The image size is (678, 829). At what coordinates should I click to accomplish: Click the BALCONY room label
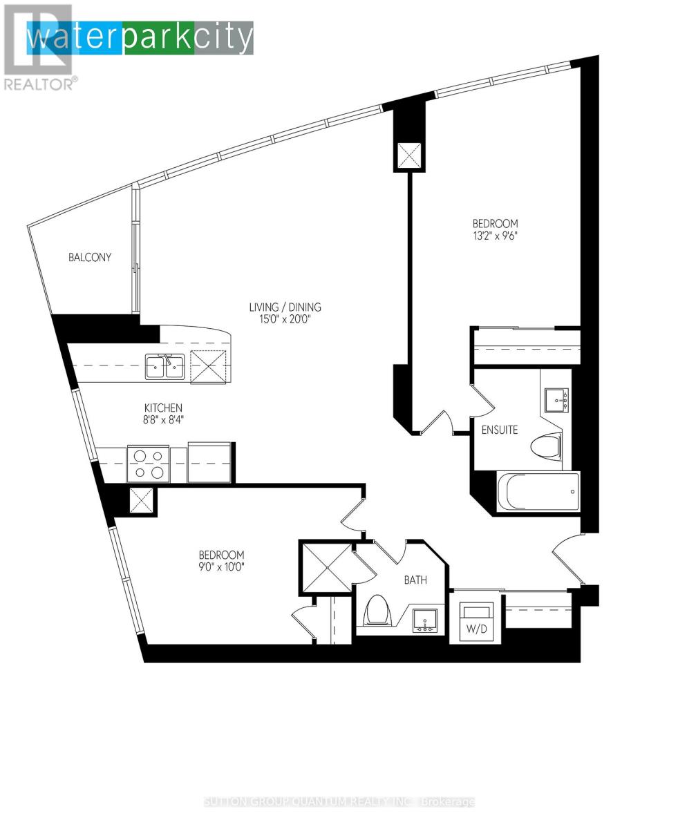tap(89, 257)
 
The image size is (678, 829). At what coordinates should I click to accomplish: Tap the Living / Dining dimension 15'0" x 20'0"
tap(285, 319)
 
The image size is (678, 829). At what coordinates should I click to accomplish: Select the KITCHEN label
tap(163, 408)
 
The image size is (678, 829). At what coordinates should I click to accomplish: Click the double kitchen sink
tap(165, 366)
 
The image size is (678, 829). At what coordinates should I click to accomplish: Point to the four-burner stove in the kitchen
tap(149, 464)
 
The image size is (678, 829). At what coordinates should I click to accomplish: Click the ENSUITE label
tap(499, 430)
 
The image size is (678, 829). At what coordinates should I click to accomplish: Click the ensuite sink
tap(556, 400)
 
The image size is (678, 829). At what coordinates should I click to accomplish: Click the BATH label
tap(415, 580)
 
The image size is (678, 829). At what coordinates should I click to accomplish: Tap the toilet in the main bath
tap(377, 610)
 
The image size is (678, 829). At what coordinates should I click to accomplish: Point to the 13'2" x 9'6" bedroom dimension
tap(495, 236)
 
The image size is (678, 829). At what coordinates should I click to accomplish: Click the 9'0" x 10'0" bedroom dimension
tap(222, 567)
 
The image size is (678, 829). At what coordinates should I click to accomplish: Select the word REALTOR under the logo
tap(39, 84)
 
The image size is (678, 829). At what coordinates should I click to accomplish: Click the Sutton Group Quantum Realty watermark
tap(339, 802)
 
